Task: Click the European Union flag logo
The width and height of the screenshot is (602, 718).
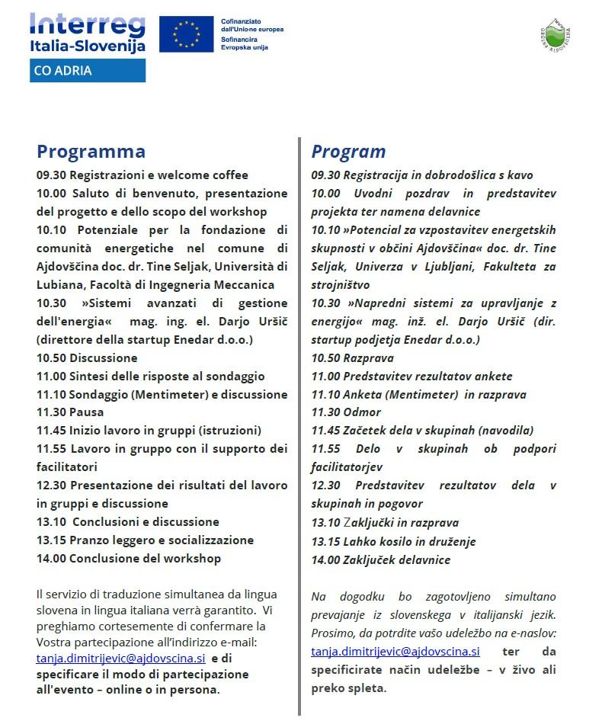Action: tap(186, 34)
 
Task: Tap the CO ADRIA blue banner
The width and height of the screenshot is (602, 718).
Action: tap(88, 71)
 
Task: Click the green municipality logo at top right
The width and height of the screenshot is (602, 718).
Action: tap(560, 35)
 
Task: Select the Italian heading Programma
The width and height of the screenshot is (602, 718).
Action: tap(91, 151)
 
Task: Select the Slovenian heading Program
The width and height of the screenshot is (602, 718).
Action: tap(348, 151)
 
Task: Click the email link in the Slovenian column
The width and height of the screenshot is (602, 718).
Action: tap(395, 651)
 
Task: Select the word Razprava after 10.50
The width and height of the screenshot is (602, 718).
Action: tap(368, 357)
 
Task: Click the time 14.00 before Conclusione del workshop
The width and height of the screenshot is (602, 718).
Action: tap(51, 558)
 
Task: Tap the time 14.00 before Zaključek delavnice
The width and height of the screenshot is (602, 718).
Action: tap(325, 559)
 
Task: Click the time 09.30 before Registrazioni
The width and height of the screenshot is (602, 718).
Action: tap(51, 175)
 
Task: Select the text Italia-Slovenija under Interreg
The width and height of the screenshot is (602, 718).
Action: tap(88, 46)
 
